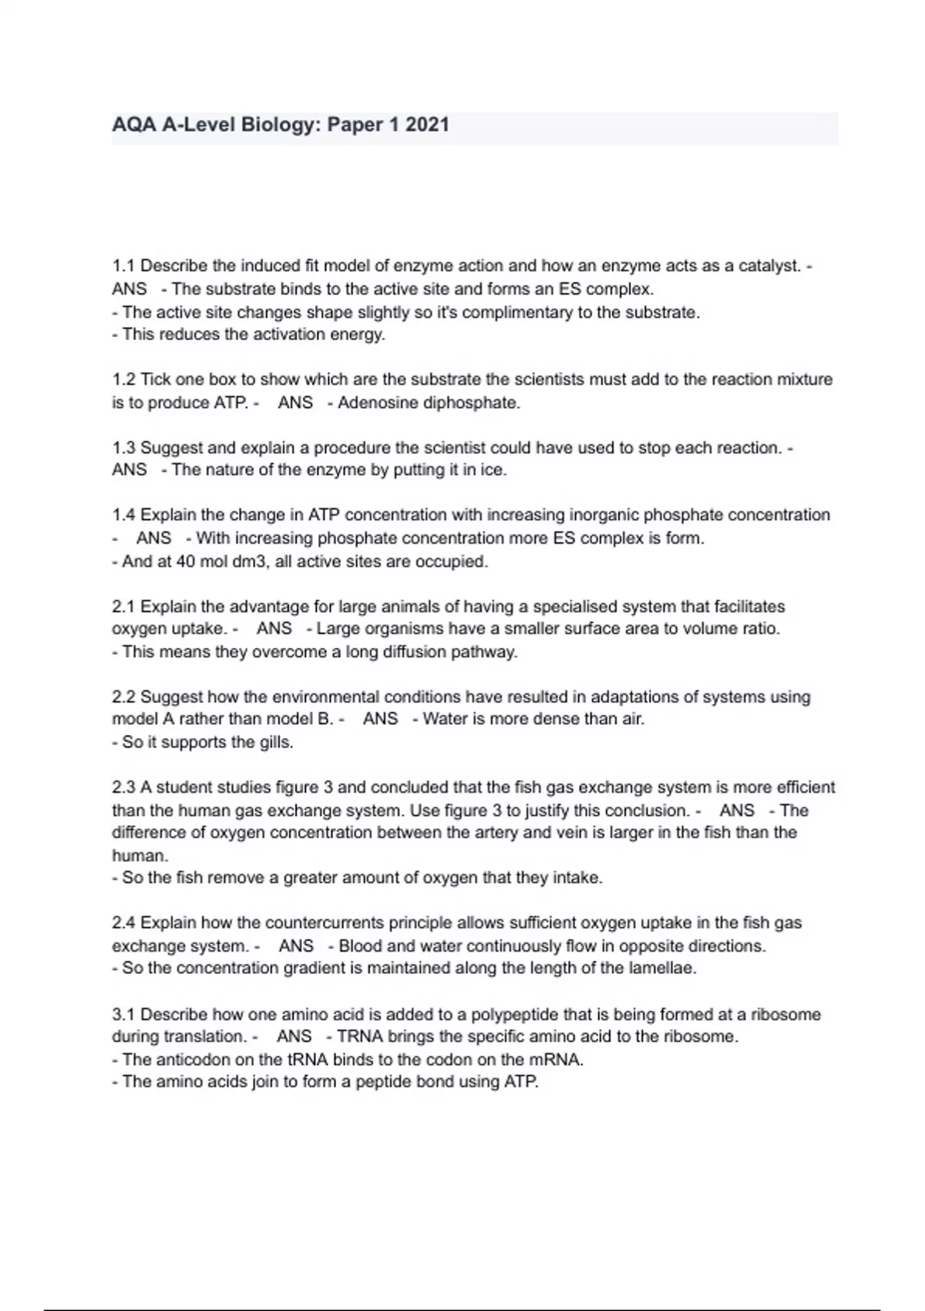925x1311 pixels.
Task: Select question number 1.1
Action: click(x=123, y=266)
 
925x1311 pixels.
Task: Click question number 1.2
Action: click(x=123, y=379)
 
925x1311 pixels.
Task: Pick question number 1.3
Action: click(x=123, y=448)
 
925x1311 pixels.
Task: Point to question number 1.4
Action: click(x=123, y=515)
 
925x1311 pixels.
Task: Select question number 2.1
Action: click(x=123, y=607)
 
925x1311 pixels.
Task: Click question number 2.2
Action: click(x=123, y=697)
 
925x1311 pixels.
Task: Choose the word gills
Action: click(x=276, y=743)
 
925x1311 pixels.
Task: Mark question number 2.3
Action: click(x=123, y=787)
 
